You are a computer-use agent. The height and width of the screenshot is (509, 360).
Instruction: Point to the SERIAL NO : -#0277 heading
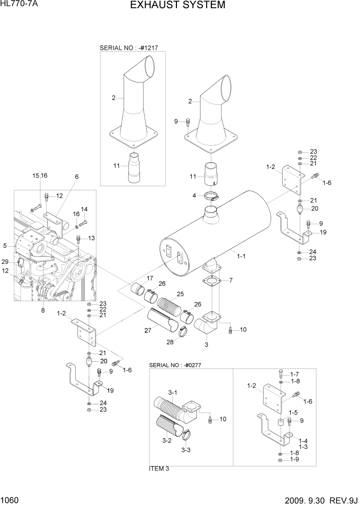[x=178, y=365]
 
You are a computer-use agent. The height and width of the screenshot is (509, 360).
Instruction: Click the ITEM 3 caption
[x=159, y=468]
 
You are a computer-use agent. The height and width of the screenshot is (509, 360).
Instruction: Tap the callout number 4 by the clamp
[x=194, y=195]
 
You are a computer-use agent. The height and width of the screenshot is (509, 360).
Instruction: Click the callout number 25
[x=180, y=294]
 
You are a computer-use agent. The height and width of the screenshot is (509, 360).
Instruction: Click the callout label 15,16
[x=39, y=175]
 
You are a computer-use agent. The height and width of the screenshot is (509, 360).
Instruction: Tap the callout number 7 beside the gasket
[x=231, y=280]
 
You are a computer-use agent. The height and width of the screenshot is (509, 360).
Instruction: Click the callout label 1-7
[x=294, y=374]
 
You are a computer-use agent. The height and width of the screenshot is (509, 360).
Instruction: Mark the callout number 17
[x=150, y=279]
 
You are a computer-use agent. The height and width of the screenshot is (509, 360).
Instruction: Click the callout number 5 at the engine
[x=5, y=246]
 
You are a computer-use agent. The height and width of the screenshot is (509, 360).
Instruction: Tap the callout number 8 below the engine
[x=43, y=310]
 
